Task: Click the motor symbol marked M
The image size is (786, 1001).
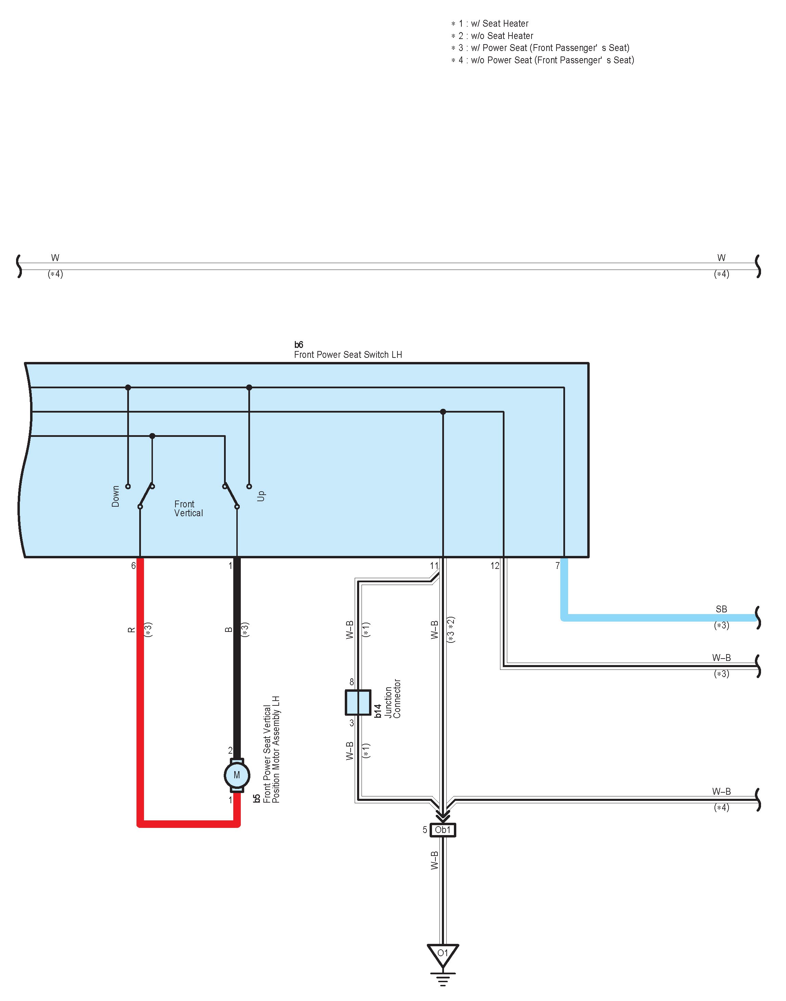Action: [x=237, y=776]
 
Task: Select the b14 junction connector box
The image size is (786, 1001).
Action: [x=358, y=702]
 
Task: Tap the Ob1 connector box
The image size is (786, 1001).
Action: [x=443, y=830]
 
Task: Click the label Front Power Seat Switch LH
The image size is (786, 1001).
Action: [x=348, y=355]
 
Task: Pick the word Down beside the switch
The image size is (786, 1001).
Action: [x=116, y=496]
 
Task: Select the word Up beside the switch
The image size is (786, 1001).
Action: [x=261, y=496]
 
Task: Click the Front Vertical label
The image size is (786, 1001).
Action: [x=188, y=509]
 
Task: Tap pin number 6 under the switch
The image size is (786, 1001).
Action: [x=133, y=565]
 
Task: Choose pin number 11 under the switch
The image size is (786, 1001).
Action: [x=434, y=565]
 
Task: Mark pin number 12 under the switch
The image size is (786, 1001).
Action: [x=495, y=565]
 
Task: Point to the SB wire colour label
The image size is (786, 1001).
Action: [x=721, y=609]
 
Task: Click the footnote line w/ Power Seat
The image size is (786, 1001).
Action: [x=540, y=48]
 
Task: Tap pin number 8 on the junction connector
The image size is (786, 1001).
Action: [x=352, y=682]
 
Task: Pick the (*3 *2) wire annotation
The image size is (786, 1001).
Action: [x=451, y=629]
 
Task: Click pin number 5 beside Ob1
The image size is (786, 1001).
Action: [x=425, y=830]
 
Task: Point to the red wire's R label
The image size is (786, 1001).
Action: [x=131, y=629]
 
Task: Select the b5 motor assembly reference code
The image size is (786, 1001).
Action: [x=257, y=798]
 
